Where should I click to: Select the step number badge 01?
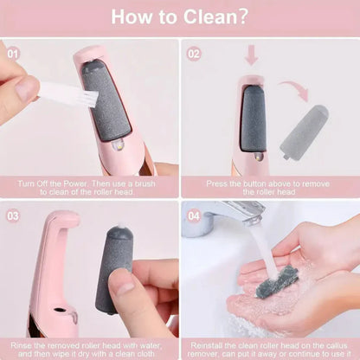point(13,52)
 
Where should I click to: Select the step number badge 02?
point(194,52)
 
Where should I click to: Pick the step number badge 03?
point(13,215)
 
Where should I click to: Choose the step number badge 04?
point(194,215)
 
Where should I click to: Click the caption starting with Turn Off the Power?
point(90,188)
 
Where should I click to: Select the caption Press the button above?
point(270,188)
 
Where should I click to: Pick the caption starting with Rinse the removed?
point(90,350)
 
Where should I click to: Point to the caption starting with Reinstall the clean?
point(270,350)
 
